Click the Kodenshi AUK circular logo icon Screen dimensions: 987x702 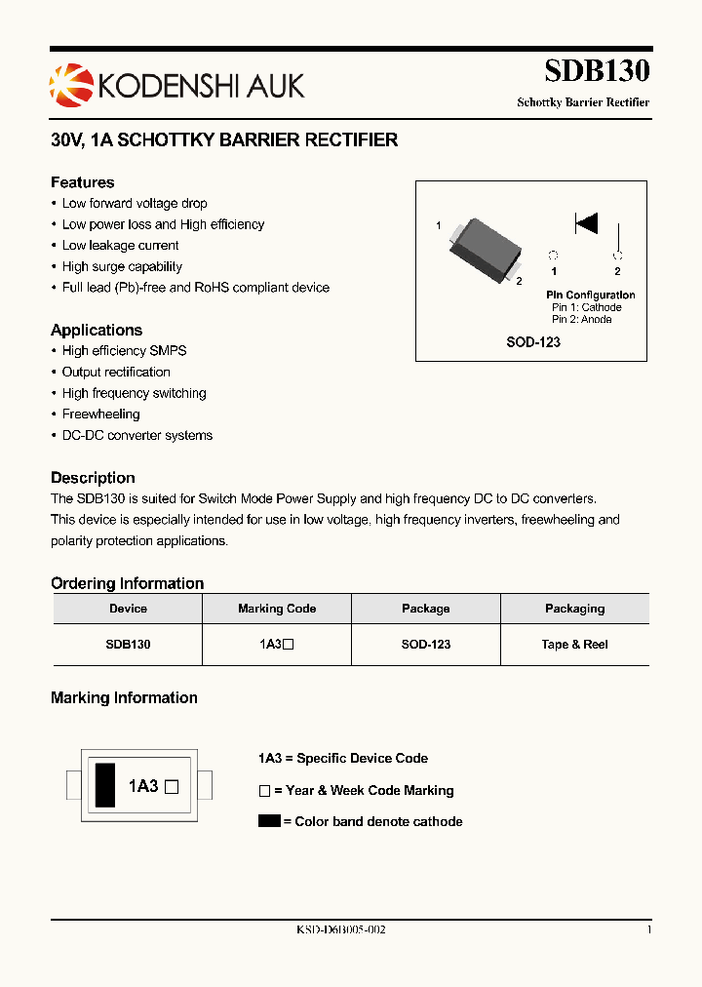(x=70, y=85)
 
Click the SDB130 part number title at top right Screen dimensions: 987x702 (x=597, y=71)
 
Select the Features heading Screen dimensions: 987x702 (x=83, y=182)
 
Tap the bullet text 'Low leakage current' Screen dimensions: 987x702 (x=120, y=246)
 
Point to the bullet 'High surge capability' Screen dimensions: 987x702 (x=122, y=266)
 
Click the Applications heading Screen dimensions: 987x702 (x=97, y=330)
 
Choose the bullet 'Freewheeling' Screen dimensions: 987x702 (x=100, y=415)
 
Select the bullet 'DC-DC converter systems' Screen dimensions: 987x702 (x=136, y=436)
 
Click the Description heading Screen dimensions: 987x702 (x=93, y=478)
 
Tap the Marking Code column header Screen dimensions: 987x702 (x=277, y=609)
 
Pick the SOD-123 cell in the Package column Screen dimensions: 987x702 (x=426, y=645)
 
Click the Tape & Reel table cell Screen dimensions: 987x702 (x=574, y=645)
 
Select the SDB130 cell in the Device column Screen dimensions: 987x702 (x=128, y=645)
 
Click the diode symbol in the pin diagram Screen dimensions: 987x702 (x=586, y=223)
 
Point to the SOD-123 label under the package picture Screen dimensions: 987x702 (x=532, y=342)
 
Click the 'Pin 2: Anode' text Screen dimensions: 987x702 (x=582, y=319)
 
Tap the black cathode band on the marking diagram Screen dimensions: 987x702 (x=102, y=784)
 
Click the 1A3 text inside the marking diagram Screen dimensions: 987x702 (x=143, y=785)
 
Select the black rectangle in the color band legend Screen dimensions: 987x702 (x=269, y=821)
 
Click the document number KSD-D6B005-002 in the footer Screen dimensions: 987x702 (x=341, y=930)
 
